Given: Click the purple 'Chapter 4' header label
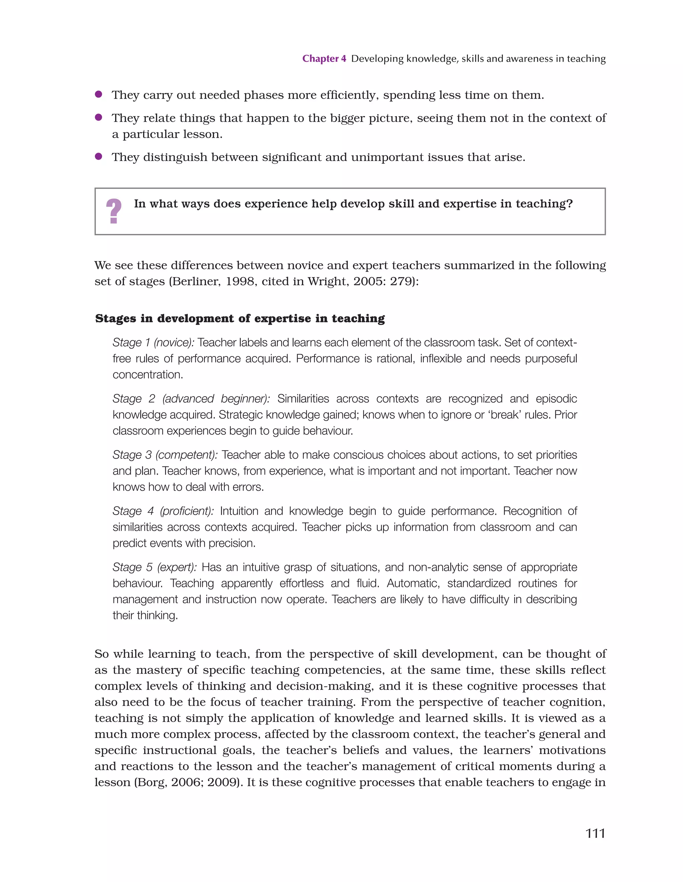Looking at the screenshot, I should [324, 59].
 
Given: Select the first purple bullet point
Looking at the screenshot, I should [98, 95].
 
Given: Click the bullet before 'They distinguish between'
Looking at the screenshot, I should [98, 157].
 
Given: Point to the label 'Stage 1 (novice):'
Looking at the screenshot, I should [153, 342].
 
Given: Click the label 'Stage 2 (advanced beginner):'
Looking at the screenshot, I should [191, 399].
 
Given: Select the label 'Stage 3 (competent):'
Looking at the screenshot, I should [165, 455].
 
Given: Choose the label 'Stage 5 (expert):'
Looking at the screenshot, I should [154, 567].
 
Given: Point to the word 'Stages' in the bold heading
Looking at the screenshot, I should [116, 319].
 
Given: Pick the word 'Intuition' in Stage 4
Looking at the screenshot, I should [239, 511].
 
